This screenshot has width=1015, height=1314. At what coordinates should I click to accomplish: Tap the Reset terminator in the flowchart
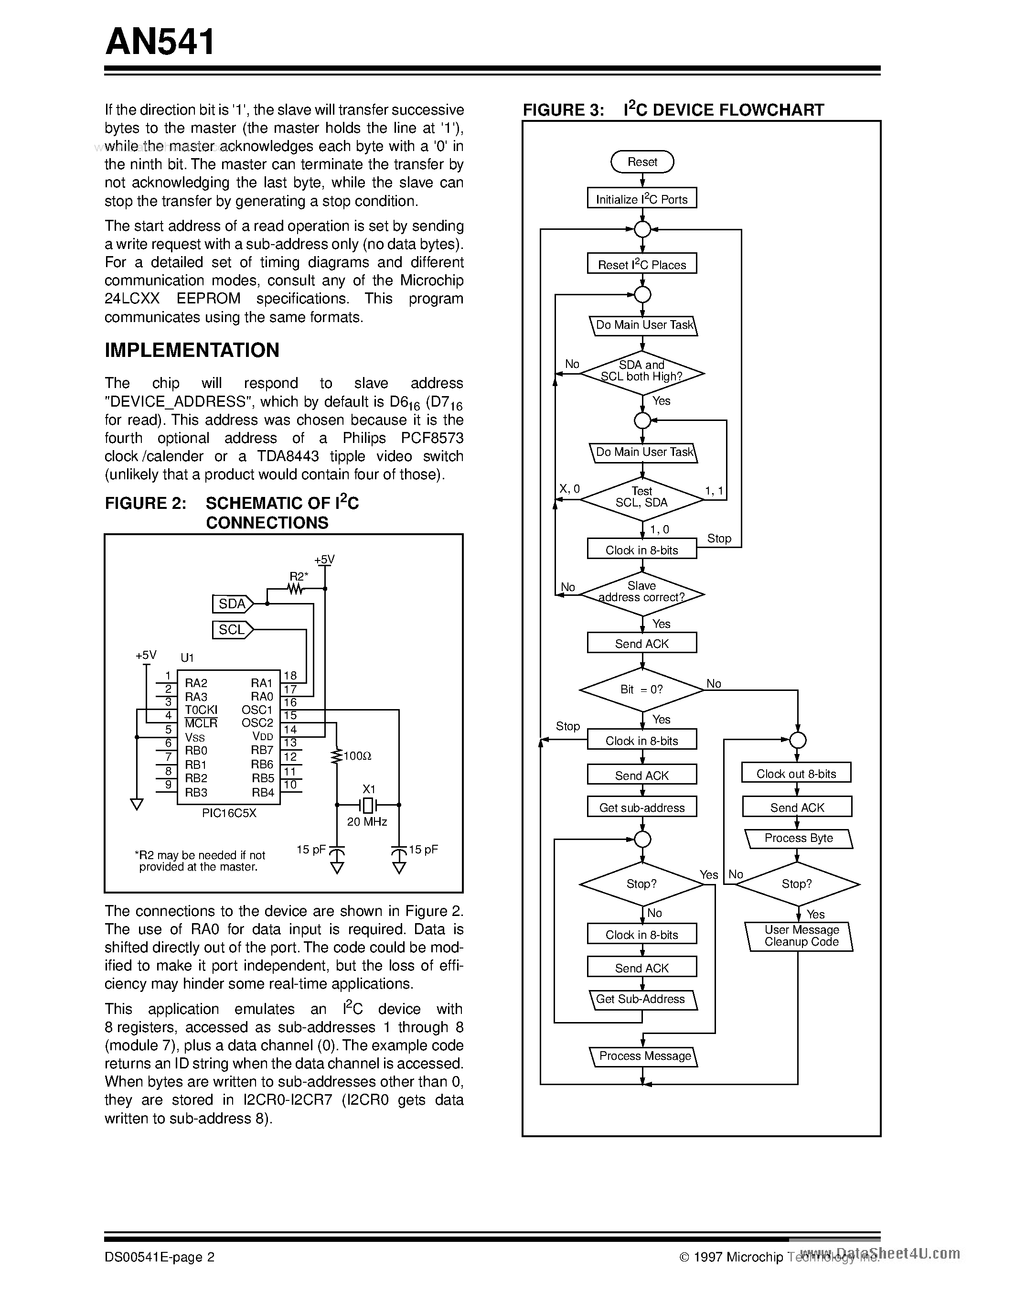tap(642, 162)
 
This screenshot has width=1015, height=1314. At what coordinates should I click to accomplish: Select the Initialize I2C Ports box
tap(641, 199)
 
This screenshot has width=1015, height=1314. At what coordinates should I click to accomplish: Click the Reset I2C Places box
tap(641, 264)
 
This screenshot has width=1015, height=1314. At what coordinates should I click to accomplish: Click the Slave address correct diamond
tap(641, 593)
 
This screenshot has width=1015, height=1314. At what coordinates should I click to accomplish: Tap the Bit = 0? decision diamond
tap(641, 689)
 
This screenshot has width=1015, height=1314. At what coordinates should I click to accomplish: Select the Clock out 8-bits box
tap(797, 774)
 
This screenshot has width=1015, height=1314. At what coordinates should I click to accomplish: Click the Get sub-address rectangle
tap(641, 808)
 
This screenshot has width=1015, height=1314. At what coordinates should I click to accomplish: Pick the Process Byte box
tap(799, 838)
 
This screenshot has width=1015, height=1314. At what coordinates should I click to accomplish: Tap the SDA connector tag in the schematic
tap(233, 603)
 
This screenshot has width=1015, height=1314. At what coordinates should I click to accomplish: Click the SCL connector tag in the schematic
tap(233, 630)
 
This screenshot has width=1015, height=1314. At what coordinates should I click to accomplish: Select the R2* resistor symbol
tap(295, 589)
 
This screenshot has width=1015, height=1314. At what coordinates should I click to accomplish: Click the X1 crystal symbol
tap(367, 804)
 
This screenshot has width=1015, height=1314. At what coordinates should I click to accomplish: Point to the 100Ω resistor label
tap(357, 756)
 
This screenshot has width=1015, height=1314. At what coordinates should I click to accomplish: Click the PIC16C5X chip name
tap(229, 812)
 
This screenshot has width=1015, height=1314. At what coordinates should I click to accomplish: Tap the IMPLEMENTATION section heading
tap(192, 350)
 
